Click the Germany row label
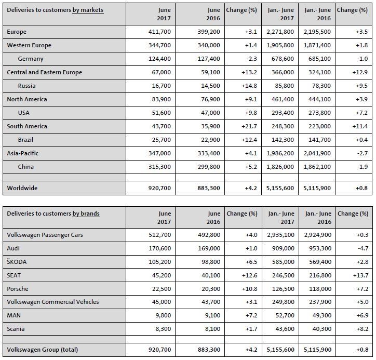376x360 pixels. pyautogui.click(x=31, y=59)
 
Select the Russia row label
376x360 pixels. pyautogui.click(x=26, y=86)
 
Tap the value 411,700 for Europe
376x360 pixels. pyautogui.click(x=159, y=32)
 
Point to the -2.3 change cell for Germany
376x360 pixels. pyautogui.click(x=251, y=59)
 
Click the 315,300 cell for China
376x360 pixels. pyautogui.click(x=159, y=167)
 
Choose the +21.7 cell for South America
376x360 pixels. pyautogui.click(x=249, y=126)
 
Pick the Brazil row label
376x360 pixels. pyautogui.click(x=25, y=140)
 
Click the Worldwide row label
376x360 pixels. pyautogui.click(x=22, y=188)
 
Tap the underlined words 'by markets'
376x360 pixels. pyautogui.click(x=88, y=10)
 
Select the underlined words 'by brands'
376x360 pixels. pyautogui.click(x=86, y=214)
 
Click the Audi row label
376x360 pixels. pyautogui.click(x=13, y=248)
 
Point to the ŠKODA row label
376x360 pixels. pyautogui.click(x=17, y=262)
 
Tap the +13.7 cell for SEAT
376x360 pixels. pyautogui.click(x=360, y=275)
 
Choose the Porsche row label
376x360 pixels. pyautogui.click(x=18, y=289)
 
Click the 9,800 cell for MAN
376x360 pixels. pyautogui.click(x=163, y=315)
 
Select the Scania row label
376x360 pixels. pyautogui.click(x=16, y=329)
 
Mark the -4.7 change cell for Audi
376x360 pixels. pyautogui.click(x=363, y=248)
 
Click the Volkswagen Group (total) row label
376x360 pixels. pyautogui.click(x=42, y=350)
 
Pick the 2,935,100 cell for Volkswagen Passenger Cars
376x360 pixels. pyautogui.click(x=280, y=235)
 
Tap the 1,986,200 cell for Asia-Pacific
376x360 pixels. pyautogui.click(x=280, y=153)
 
